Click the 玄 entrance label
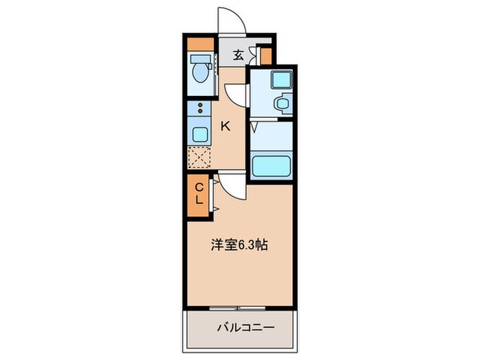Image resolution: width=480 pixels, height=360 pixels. click(237, 55)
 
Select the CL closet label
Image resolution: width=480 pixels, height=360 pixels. click(198, 193)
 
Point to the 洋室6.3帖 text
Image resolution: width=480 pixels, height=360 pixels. click(239, 245)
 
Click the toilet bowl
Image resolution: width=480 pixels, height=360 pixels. click(201, 72)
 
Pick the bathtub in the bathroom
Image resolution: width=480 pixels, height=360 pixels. click(273, 165)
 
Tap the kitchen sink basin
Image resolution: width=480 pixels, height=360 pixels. click(200, 134)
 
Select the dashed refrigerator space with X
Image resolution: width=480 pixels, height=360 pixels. click(200, 158)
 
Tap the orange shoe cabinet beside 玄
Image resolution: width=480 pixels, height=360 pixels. click(265, 55)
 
